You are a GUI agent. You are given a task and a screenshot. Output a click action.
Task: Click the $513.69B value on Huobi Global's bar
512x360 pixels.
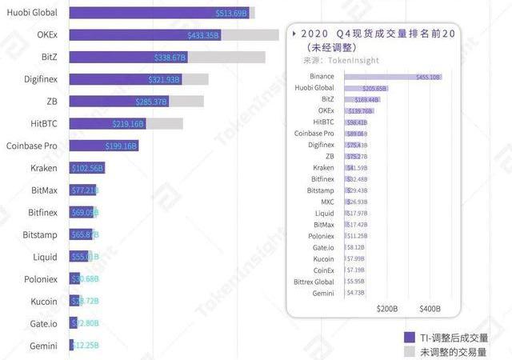[232, 14]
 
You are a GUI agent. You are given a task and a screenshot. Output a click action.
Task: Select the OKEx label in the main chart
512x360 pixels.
[47, 36]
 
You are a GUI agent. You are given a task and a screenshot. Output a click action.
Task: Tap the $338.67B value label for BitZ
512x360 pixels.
[170, 58]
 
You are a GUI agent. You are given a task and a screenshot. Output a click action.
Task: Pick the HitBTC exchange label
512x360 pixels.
[43, 124]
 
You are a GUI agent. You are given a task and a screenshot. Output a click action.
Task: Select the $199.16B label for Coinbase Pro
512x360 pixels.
[122, 146]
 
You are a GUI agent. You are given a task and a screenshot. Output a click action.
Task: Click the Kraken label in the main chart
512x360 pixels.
[43, 168]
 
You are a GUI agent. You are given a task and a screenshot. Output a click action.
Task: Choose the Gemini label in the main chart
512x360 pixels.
[43, 345]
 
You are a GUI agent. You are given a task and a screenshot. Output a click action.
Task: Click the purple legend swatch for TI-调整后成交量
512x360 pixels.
[409, 336]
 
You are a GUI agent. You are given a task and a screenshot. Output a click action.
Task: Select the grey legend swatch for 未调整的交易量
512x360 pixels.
[409, 350]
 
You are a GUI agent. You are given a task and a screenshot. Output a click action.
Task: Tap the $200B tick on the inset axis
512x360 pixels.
[386, 308]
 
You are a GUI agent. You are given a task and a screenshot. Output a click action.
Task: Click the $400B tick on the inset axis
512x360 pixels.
[430, 308]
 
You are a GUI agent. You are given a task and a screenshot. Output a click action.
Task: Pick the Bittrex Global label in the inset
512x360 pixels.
[314, 282]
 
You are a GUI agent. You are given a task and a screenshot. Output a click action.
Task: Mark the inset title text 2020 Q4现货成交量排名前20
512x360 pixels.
[373, 34]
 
